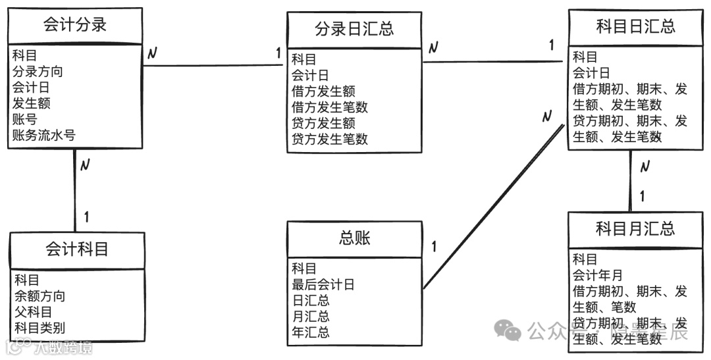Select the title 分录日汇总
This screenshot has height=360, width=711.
click(x=354, y=29)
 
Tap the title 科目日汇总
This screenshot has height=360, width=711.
click(x=635, y=26)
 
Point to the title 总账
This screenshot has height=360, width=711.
click(x=355, y=238)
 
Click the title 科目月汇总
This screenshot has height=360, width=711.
click(x=635, y=228)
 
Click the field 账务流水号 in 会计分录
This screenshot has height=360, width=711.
click(x=43, y=136)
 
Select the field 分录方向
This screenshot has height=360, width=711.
click(x=38, y=71)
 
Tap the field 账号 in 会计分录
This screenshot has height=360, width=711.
click(x=24, y=119)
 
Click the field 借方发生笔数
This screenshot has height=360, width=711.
click(x=330, y=107)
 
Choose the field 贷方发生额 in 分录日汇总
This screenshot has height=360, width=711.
click(x=323, y=123)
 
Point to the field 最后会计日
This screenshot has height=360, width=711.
click(x=323, y=284)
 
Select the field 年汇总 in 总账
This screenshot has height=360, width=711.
click(x=311, y=332)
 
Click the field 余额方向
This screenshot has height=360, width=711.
click(x=40, y=296)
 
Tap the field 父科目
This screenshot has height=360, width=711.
click(x=34, y=312)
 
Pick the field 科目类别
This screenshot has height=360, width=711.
click(x=40, y=328)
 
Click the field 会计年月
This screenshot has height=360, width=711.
click(x=597, y=275)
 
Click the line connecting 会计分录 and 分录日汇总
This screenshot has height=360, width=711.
click(x=211, y=65)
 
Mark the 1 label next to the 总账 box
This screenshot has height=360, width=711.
click(x=434, y=247)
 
